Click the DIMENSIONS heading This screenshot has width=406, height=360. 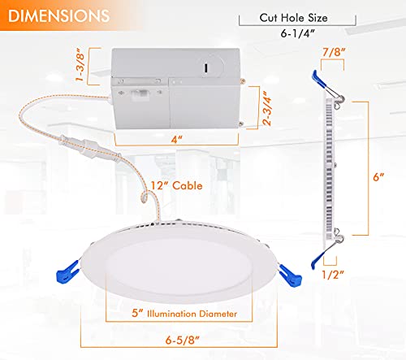[x=59, y=16]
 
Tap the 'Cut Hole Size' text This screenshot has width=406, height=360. [x=293, y=18]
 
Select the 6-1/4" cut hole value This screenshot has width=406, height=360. [x=297, y=33]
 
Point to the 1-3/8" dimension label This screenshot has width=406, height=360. [x=80, y=65]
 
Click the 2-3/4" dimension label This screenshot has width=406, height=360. [x=266, y=108]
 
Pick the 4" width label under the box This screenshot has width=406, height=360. [x=176, y=139]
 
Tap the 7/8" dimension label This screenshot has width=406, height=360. [x=334, y=52]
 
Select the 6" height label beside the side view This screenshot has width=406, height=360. [x=378, y=177]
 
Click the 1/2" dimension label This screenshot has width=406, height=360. [x=333, y=275]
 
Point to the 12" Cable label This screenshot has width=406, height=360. [x=176, y=185]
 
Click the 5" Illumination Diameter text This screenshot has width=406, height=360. [x=184, y=314]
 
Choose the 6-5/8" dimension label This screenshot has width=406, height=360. [x=182, y=340]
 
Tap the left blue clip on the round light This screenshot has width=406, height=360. [x=67, y=271]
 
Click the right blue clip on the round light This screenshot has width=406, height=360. [x=291, y=275]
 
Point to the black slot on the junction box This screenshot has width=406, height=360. [x=206, y=67]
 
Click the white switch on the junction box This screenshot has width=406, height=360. [x=139, y=94]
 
